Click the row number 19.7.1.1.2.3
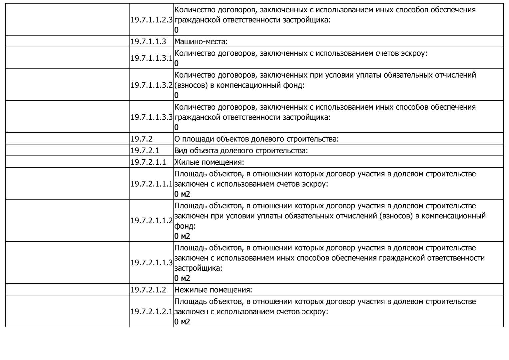(x=152, y=20)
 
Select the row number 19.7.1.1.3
(x=148, y=42)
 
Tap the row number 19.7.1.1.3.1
(x=152, y=58)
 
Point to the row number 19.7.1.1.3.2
(x=152, y=85)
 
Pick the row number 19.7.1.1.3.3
(x=152, y=117)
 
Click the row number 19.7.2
(x=142, y=139)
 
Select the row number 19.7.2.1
(x=145, y=150)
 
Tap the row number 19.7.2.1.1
(x=148, y=162)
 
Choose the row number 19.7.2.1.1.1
(x=152, y=184)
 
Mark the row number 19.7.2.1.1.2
(x=152, y=221)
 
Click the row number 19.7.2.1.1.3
(x=152, y=263)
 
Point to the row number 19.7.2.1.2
(x=148, y=290)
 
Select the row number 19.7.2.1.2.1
(x=152, y=312)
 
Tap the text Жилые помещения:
(x=209, y=162)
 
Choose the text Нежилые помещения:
(x=213, y=290)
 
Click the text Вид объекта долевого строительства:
(x=241, y=150)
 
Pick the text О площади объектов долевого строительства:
(x=256, y=139)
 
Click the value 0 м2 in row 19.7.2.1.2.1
(x=182, y=322)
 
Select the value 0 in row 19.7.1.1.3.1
(x=177, y=63)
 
